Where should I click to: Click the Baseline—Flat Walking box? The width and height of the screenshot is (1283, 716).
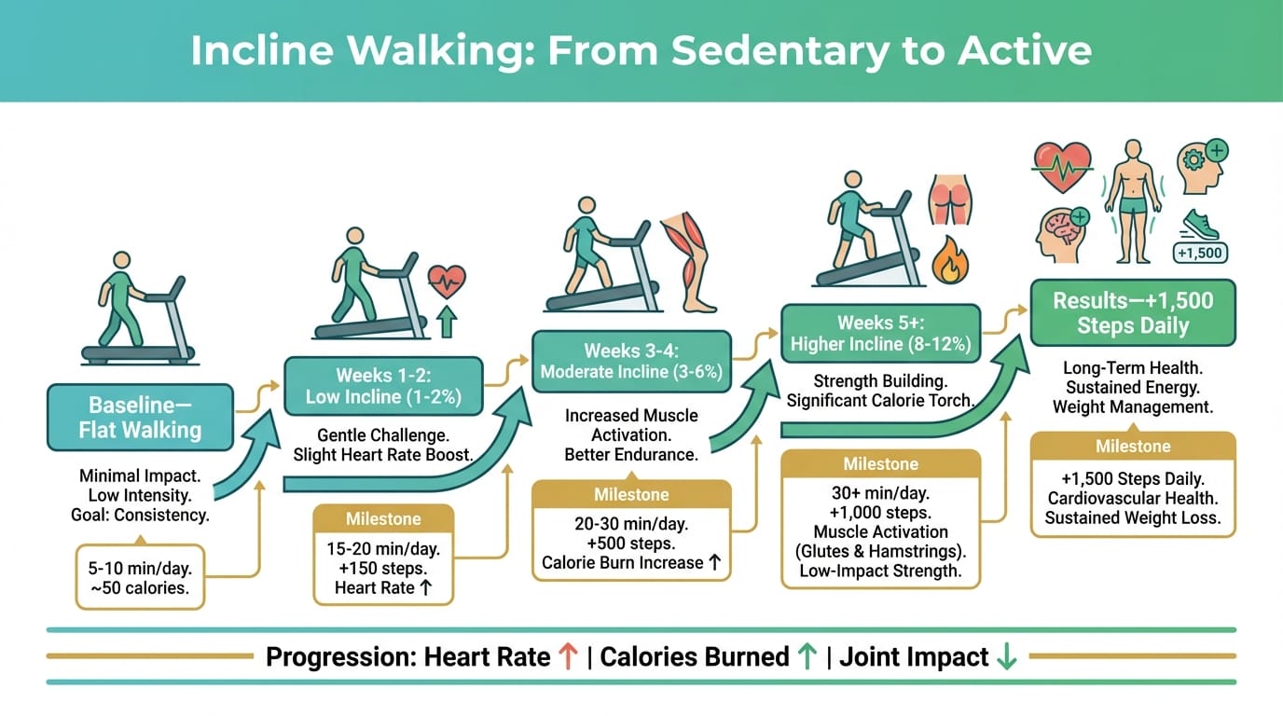140,417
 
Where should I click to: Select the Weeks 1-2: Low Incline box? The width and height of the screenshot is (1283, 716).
383,386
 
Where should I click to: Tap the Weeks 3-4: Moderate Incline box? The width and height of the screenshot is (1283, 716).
631,362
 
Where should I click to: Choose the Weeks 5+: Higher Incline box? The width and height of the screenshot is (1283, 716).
880,334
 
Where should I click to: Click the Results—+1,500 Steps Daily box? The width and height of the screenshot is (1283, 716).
1133,312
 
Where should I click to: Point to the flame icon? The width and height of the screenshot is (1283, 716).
950,261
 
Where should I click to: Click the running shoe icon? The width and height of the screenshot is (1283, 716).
1199,225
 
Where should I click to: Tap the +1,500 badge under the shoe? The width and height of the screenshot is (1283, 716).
1200,253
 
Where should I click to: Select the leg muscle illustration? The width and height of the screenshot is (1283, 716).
689,262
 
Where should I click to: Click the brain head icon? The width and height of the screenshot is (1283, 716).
1063,235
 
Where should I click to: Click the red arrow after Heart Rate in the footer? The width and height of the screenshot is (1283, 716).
568,656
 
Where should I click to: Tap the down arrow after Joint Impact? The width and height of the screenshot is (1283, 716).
1006,656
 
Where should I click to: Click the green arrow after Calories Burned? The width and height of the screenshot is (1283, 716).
807,656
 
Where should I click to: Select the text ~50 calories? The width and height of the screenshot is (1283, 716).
140,587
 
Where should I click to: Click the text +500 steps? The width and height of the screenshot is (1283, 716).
631,543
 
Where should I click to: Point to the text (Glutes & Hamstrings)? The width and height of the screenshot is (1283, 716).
880,551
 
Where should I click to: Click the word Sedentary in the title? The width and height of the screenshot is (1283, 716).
780,50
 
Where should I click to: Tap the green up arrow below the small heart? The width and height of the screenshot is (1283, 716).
447,322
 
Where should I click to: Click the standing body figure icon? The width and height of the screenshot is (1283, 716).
1133,201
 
